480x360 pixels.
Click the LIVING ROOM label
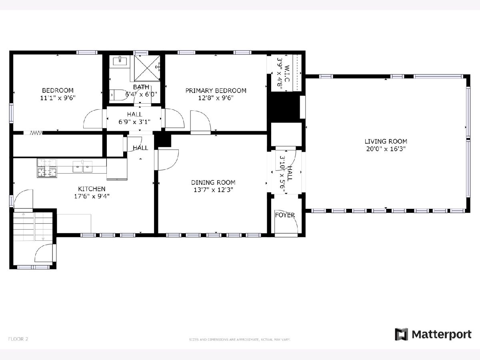386,142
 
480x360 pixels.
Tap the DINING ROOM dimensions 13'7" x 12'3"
214,190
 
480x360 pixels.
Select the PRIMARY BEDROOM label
216,90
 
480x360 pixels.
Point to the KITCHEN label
92,189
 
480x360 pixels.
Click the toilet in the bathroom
118,95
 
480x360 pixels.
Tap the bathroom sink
120,60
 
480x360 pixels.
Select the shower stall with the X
147,68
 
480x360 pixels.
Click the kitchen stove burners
47,168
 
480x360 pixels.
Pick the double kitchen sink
82,166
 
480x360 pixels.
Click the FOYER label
285,215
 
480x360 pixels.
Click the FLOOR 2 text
18,339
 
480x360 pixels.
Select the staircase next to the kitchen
33,226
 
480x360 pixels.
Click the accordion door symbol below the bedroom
36,133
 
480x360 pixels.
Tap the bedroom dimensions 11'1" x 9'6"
58,98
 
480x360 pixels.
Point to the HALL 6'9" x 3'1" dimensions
134,122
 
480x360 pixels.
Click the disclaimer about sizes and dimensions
240,340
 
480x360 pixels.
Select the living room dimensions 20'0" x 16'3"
386,149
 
